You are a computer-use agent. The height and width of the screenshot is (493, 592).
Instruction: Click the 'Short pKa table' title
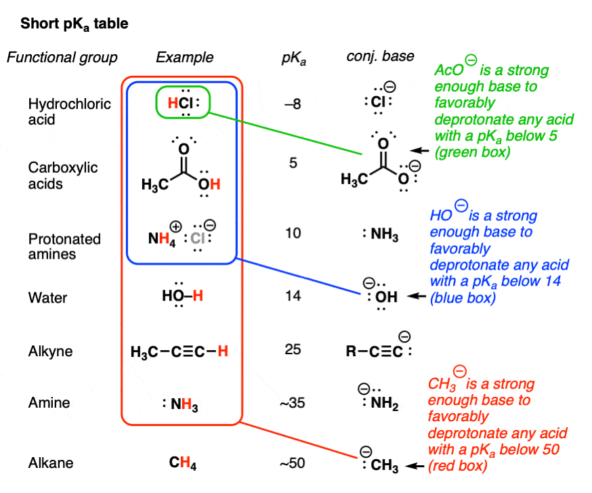pyautogui.click(x=74, y=24)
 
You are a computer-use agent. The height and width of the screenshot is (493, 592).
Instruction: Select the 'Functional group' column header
pyautogui.click(x=62, y=58)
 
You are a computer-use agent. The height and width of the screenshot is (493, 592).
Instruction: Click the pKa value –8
pyautogui.click(x=293, y=104)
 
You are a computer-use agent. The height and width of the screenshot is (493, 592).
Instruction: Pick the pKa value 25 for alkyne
pyautogui.click(x=293, y=349)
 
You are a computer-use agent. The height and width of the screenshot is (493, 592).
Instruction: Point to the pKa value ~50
pyautogui.click(x=292, y=463)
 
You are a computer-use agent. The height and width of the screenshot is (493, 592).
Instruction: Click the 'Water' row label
pyautogui.click(x=47, y=297)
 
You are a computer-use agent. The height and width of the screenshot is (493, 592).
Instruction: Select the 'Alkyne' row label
pyautogui.click(x=50, y=351)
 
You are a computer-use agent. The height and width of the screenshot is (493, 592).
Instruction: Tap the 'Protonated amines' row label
pyautogui.click(x=64, y=246)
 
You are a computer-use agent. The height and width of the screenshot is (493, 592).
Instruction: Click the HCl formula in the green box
pyautogui.click(x=183, y=103)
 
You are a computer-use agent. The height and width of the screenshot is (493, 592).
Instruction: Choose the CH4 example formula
pyautogui.click(x=183, y=463)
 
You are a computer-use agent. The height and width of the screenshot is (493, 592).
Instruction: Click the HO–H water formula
pyautogui.click(x=182, y=295)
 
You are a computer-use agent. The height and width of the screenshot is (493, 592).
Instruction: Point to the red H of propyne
pyautogui.click(x=223, y=351)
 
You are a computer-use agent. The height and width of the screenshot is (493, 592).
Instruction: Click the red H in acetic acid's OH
pyautogui.click(x=215, y=184)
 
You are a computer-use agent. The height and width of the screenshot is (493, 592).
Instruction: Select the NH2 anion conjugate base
pyautogui.click(x=379, y=398)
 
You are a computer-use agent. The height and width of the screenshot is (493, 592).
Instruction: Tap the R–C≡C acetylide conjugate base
pyautogui.click(x=379, y=346)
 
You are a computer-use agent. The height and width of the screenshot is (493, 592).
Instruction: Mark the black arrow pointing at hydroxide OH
pyautogui.click(x=417, y=296)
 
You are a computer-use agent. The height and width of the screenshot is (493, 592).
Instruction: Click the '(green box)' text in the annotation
pyautogui.click(x=472, y=152)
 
